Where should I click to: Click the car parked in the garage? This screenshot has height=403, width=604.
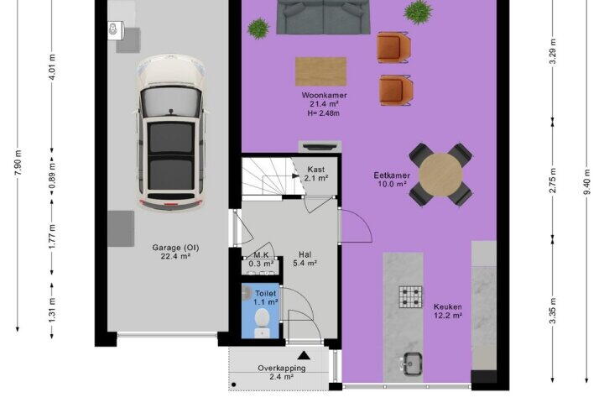click(171, 133)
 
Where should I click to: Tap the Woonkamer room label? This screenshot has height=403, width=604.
click(324, 95)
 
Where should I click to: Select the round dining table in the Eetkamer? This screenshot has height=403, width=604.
click(440, 175)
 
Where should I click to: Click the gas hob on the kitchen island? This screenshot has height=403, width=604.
click(410, 297)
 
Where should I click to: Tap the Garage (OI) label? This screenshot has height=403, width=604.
click(175, 248)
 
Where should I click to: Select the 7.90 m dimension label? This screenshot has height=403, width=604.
click(18, 162)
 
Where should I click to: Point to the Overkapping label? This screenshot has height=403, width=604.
click(282, 368)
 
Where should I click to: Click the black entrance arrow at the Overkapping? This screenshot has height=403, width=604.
click(304, 355)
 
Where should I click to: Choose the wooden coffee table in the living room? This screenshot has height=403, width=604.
click(320, 71)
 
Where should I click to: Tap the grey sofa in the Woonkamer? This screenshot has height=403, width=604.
click(324, 17)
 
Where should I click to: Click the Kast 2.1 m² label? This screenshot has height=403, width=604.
click(316, 174)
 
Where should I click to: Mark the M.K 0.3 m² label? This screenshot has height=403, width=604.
click(261, 259)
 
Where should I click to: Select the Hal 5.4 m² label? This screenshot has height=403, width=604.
click(305, 259)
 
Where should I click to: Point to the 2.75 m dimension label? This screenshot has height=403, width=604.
click(553, 181)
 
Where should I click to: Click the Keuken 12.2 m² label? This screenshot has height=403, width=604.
click(448, 311)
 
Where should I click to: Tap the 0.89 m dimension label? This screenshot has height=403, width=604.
click(52, 175)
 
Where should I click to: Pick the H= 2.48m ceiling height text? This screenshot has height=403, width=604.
click(324, 113)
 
